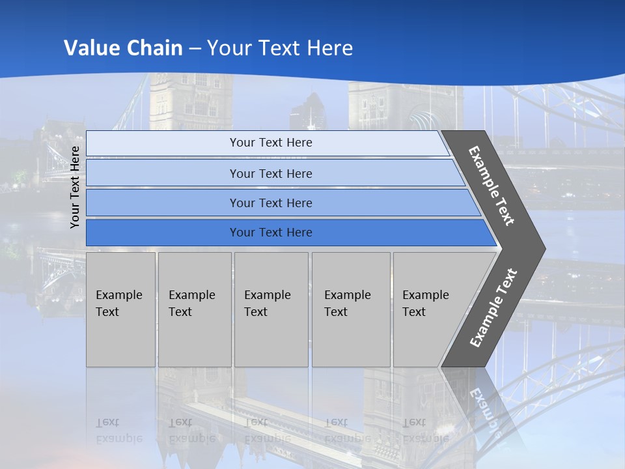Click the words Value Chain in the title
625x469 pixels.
(123, 48)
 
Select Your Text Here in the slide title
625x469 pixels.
(280, 48)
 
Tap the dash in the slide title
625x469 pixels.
(195, 48)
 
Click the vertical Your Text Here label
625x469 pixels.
(75, 187)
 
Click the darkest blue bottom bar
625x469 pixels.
(163, 233)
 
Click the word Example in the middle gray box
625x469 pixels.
(267, 295)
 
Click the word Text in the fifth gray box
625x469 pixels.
(413, 312)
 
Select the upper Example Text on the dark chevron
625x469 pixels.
(492, 186)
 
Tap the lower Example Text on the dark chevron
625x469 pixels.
(493, 307)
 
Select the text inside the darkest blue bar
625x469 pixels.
(271, 233)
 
